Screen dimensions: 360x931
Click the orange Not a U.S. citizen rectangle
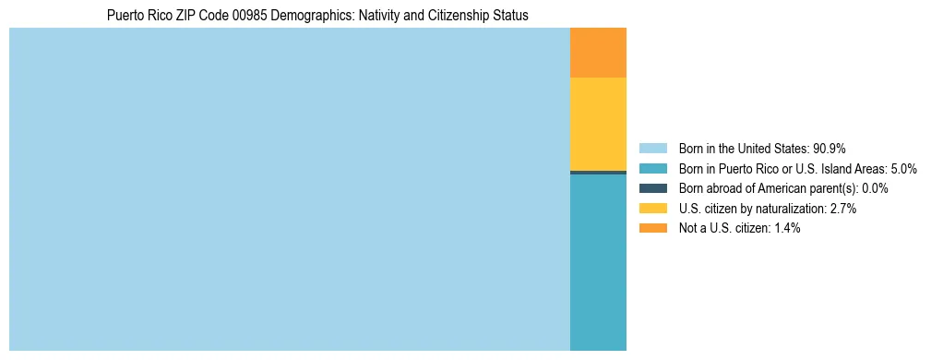[x=598, y=53]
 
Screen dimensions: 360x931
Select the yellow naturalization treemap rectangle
[x=598, y=124]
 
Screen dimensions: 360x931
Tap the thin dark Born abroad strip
[x=598, y=173]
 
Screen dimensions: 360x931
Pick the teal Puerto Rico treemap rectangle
[x=598, y=262]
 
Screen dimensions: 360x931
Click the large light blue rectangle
[x=289, y=189]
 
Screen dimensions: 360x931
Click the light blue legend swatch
[x=652, y=149]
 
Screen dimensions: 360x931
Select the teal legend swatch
[x=652, y=169]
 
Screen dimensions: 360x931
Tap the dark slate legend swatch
[x=652, y=188]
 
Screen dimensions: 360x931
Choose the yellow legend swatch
[x=652, y=209]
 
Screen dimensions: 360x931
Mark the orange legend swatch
[x=652, y=229]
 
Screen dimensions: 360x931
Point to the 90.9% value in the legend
[x=830, y=149]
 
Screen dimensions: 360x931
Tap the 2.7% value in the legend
[x=842, y=209]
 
